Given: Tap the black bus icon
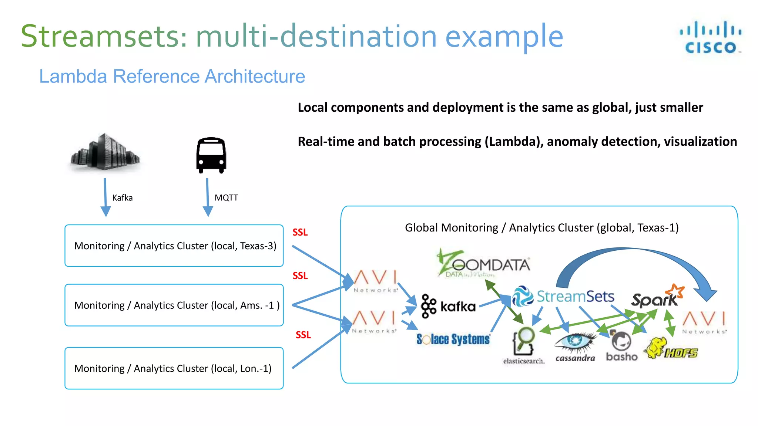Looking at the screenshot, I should [x=211, y=155].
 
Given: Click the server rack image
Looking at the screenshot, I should [x=105, y=153].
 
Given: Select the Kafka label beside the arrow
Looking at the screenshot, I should [x=122, y=198].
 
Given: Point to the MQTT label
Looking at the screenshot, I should [x=226, y=198].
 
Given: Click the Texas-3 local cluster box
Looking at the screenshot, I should [x=174, y=246].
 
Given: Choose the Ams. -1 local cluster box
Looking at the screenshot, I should [x=174, y=305].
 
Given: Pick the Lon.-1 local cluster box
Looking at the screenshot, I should [x=174, y=368].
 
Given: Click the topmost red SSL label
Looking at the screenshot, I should [x=300, y=232].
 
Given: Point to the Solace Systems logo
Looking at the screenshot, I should [x=453, y=339].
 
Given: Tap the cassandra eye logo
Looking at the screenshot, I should [x=575, y=346].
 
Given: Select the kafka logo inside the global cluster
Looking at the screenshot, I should [x=448, y=306].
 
